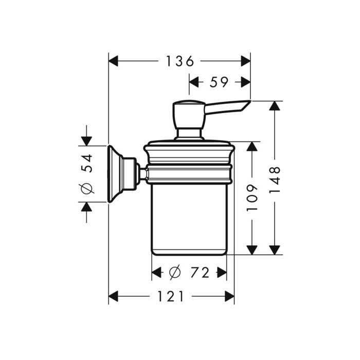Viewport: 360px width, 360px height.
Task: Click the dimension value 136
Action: point(180,61)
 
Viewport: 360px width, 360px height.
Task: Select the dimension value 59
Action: point(219,82)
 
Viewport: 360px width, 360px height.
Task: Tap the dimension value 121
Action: point(171,296)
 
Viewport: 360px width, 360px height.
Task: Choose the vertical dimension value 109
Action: point(252,197)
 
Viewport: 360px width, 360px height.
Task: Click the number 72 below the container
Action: point(200,273)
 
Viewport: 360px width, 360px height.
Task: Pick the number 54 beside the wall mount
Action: point(87,164)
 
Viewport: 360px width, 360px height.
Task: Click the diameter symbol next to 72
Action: point(175,273)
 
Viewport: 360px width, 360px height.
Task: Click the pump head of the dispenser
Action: point(189,114)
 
